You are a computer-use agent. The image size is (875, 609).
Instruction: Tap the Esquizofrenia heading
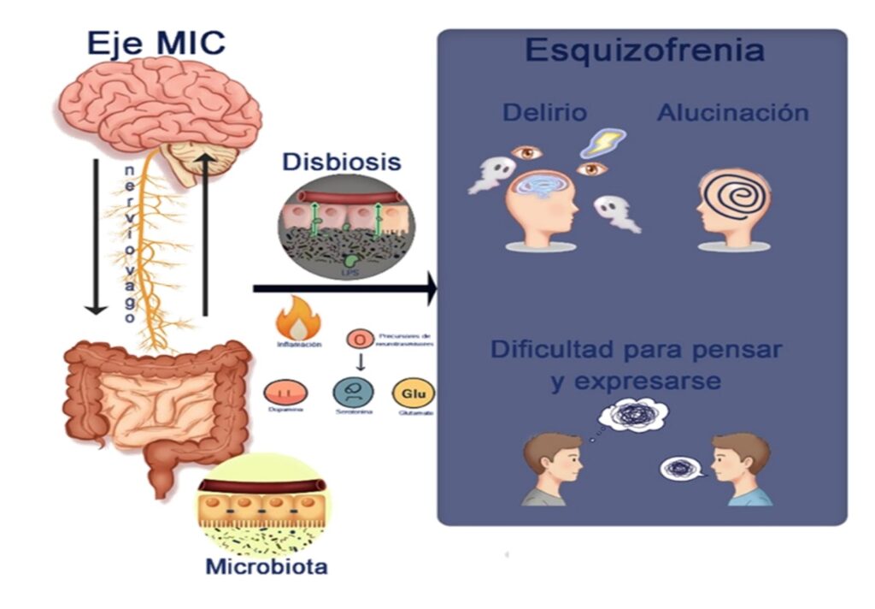[x=643, y=50]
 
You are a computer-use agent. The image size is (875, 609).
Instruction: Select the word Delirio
[x=544, y=112]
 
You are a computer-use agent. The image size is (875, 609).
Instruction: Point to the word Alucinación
[x=732, y=112]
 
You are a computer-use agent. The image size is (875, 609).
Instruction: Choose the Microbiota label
[x=266, y=566]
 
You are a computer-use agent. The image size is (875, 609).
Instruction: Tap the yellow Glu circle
[x=413, y=393]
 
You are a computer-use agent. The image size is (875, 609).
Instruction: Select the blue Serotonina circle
[x=353, y=394]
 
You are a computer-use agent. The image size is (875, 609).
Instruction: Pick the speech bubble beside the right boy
[x=682, y=469]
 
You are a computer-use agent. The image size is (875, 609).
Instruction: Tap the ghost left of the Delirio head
[x=491, y=174]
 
